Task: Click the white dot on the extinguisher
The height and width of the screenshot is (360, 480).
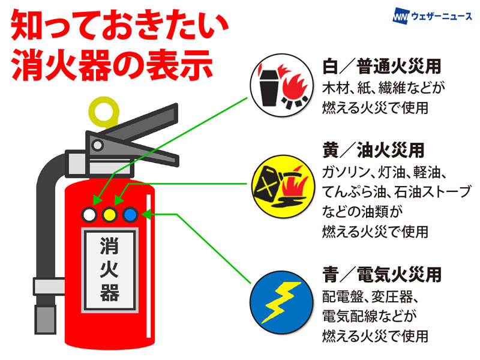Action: click(90, 214)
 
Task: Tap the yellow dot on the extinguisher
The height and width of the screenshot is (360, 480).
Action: click(109, 214)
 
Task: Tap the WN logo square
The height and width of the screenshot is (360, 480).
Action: click(400, 16)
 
